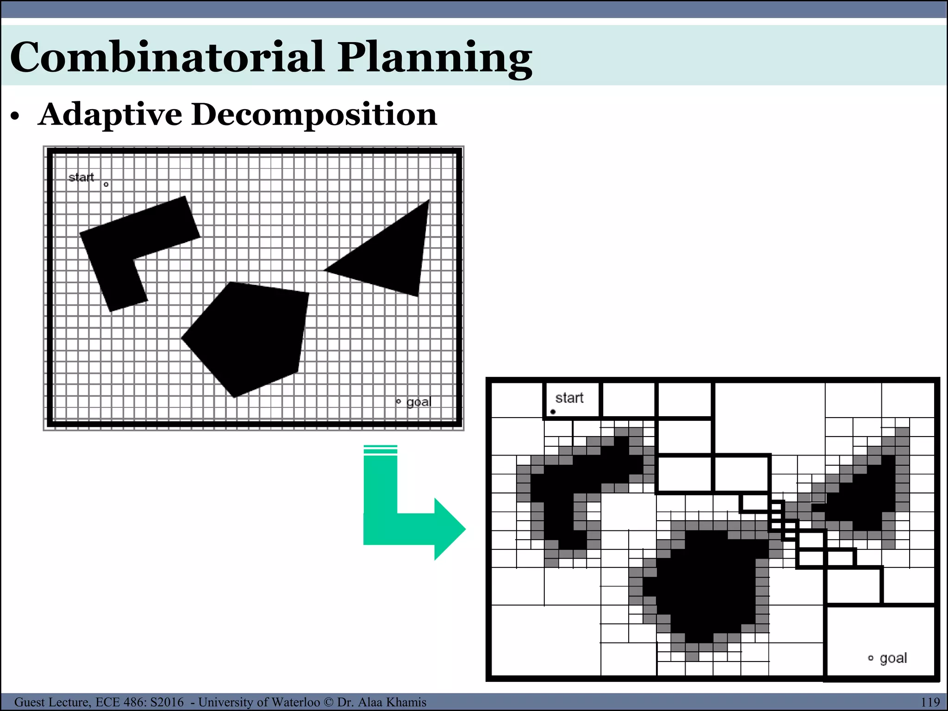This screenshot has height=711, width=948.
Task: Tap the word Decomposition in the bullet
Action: click(x=314, y=115)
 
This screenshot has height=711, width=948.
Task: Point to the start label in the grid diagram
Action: click(x=81, y=177)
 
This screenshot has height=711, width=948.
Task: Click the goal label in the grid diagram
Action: click(x=418, y=402)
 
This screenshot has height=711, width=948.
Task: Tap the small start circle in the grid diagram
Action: click(x=106, y=184)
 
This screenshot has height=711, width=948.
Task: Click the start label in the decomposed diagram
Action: click(x=569, y=398)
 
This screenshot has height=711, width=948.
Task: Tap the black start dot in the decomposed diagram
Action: click(x=553, y=412)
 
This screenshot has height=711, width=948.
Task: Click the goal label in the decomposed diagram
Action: click(x=893, y=658)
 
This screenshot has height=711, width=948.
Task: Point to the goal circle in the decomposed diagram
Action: click(x=871, y=658)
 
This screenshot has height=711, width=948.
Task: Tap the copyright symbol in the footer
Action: click(x=328, y=702)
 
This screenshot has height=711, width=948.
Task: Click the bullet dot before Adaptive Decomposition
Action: click(x=15, y=117)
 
